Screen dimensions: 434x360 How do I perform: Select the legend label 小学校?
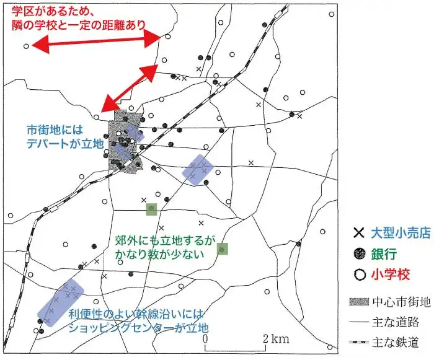point(390,273)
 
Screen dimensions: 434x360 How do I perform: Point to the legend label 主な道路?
point(396,322)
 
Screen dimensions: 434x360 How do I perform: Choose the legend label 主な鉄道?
point(396,342)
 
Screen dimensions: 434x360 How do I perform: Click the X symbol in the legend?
point(358,234)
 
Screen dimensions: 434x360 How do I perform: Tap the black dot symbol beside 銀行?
point(358,254)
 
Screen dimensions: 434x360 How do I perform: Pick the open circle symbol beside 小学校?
point(358,273)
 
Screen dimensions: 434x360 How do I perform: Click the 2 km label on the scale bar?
point(276,339)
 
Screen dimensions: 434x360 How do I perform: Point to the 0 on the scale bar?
point(204,339)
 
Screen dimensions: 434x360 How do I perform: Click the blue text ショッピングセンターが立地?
point(139,327)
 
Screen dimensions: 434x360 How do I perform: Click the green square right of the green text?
point(223,249)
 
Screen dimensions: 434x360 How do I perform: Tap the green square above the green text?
point(151,209)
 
